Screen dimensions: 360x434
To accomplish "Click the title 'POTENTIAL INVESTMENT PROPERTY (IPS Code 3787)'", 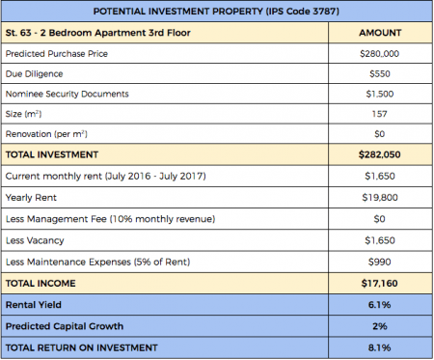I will [x=216, y=12].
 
